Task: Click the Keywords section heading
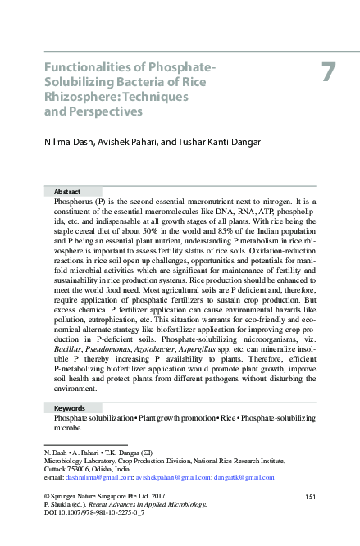pyautogui.click(x=70, y=407)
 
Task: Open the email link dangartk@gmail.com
pyautogui.click(x=244, y=476)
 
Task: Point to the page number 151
pyautogui.click(x=310, y=497)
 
